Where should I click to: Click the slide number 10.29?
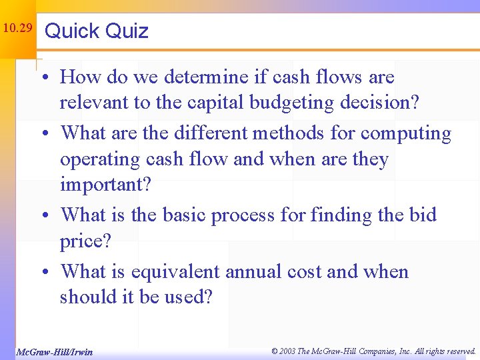click(17, 29)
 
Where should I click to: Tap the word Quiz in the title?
click(127, 31)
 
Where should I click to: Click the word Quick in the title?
click(72, 31)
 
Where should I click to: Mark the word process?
click(243, 216)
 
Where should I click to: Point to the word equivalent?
click(175, 272)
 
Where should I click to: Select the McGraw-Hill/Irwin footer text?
click(54, 351)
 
